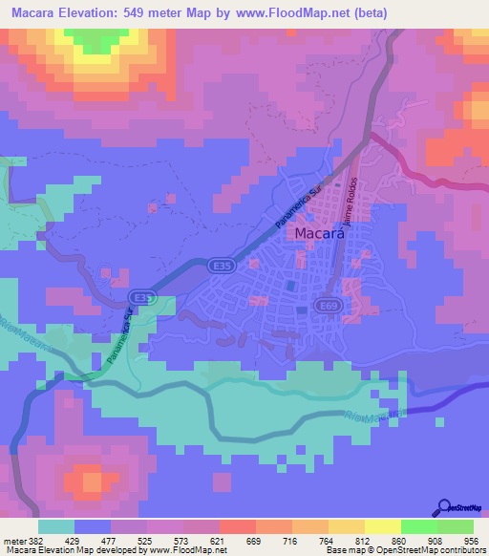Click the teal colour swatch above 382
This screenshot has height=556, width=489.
click(x=56, y=526)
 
